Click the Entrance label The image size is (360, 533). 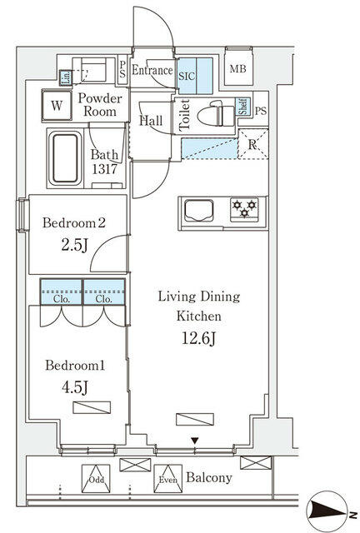pyautogui.click(x=152, y=72)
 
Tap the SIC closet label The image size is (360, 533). pyautogui.click(x=187, y=73)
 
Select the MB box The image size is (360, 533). pyautogui.click(x=238, y=69)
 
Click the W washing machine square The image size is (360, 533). pyautogui.click(x=57, y=106)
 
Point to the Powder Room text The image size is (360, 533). pyautogui.click(x=101, y=105)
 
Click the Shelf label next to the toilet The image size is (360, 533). pyautogui.click(x=242, y=106)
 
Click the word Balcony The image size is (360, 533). pyautogui.click(x=208, y=478)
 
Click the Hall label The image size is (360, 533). pyautogui.click(x=151, y=121)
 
